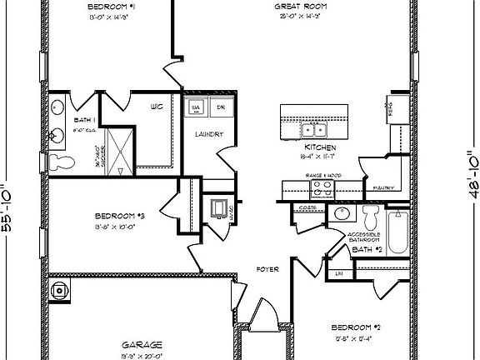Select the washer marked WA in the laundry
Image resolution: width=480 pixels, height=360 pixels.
pos(197,107)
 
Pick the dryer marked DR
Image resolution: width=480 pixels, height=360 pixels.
pos(220,107)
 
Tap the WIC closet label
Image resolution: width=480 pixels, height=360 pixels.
pos(156,106)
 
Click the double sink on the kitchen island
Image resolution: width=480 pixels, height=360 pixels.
pos(313,128)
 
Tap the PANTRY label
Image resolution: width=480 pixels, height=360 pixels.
pos(382,187)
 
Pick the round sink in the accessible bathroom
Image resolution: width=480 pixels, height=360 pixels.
pos(340,215)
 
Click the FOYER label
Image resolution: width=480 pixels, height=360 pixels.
pos(267,269)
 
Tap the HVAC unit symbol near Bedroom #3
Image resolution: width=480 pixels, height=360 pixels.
pos(218,208)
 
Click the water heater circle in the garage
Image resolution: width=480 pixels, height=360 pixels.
pos(60,291)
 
